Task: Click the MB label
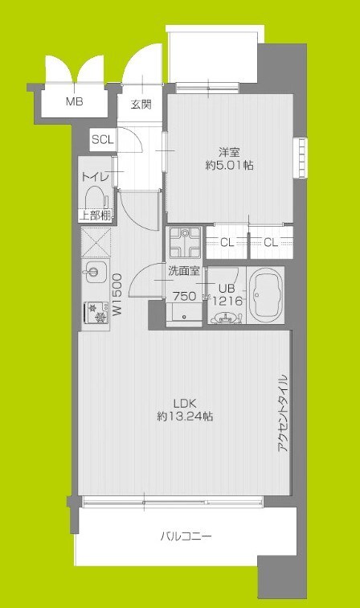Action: point(74,102)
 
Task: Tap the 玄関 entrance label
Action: point(141,104)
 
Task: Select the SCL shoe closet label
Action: point(102,139)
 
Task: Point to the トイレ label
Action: point(96,176)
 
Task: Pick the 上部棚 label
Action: point(96,215)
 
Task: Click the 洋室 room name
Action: point(229,151)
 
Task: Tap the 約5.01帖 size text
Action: point(229,166)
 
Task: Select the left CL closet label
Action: point(227,242)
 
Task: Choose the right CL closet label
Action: point(271,242)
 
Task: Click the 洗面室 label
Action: point(183,271)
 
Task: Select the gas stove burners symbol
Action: point(96,310)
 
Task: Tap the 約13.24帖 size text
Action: point(186,417)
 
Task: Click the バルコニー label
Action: point(186,535)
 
